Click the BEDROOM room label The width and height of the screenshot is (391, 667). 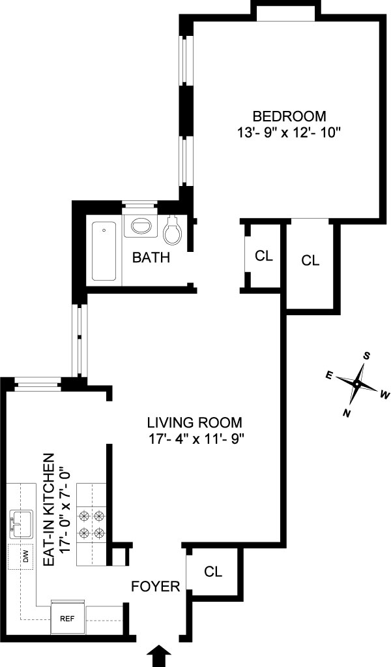click(x=289, y=116)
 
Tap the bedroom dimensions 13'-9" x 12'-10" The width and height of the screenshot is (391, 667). click(x=289, y=132)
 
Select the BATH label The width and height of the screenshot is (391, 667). click(x=151, y=257)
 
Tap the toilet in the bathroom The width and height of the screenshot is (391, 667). click(x=174, y=230)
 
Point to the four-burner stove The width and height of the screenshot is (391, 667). click(x=91, y=525)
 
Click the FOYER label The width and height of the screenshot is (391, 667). click(x=156, y=586)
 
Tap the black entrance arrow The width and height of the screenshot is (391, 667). click(x=158, y=655)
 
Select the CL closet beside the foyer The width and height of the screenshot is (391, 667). click(x=213, y=572)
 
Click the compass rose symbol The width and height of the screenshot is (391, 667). click(x=356, y=384)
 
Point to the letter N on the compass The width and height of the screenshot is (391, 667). click(x=347, y=413)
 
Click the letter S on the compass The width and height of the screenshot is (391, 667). click(x=367, y=356)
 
